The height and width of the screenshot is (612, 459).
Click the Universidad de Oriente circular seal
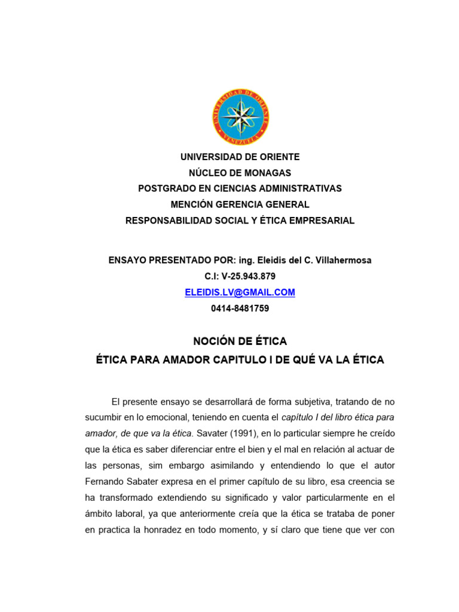tap(240, 117)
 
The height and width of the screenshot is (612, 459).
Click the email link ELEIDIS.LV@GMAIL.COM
tap(240, 292)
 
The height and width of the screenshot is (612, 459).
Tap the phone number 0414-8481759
tap(240, 308)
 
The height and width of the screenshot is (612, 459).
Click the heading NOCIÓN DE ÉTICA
tap(240, 341)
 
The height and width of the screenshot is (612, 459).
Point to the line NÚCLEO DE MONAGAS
tap(240, 173)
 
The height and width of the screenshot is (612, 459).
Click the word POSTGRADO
tap(166, 188)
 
